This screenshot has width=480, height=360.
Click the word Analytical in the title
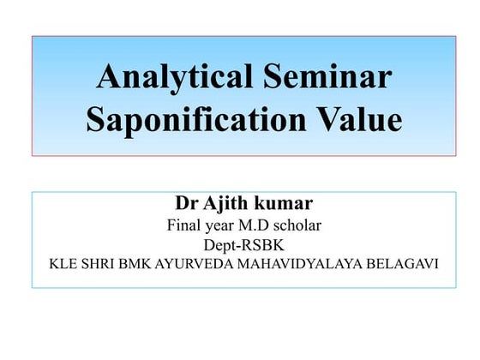coord(172,78)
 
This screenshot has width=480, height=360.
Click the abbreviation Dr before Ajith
coord(184,206)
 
